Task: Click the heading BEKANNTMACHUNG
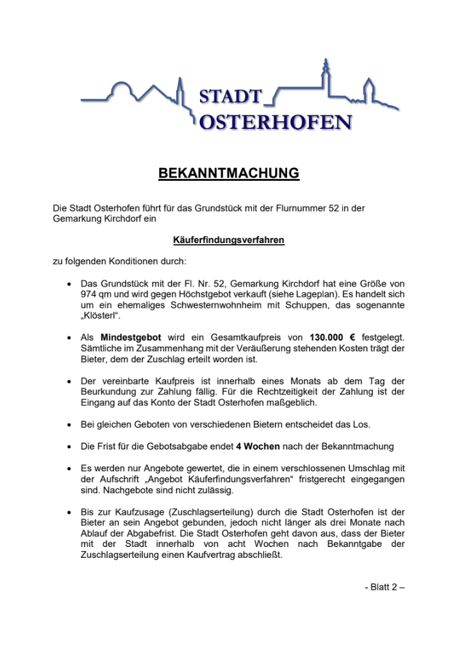228,173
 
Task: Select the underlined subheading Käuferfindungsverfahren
228,241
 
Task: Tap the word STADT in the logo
231,97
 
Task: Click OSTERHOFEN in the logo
276,122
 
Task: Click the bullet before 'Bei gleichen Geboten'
69,424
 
